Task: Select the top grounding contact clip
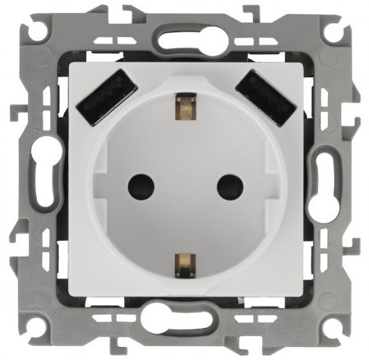(184, 107)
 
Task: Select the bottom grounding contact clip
(184, 262)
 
